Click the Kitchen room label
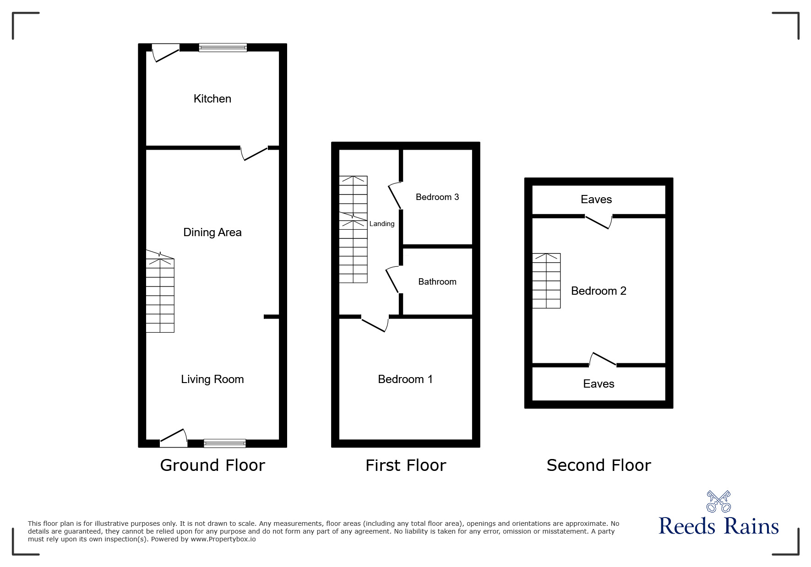click(212, 99)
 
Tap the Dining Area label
click(212, 232)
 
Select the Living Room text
click(212, 379)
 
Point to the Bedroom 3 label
click(437, 197)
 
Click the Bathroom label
click(437, 282)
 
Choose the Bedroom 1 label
click(405, 379)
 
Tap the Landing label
click(381, 224)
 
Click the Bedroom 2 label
click(598, 291)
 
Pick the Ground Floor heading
click(212, 465)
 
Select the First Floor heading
click(405, 465)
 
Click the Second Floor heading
click(599, 465)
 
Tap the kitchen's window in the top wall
click(223, 48)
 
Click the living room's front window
click(224, 443)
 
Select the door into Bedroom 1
click(376, 323)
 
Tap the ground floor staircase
click(160, 295)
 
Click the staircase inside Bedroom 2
click(546, 281)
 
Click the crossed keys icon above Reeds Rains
click(718, 502)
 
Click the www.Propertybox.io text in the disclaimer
click(223, 539)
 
